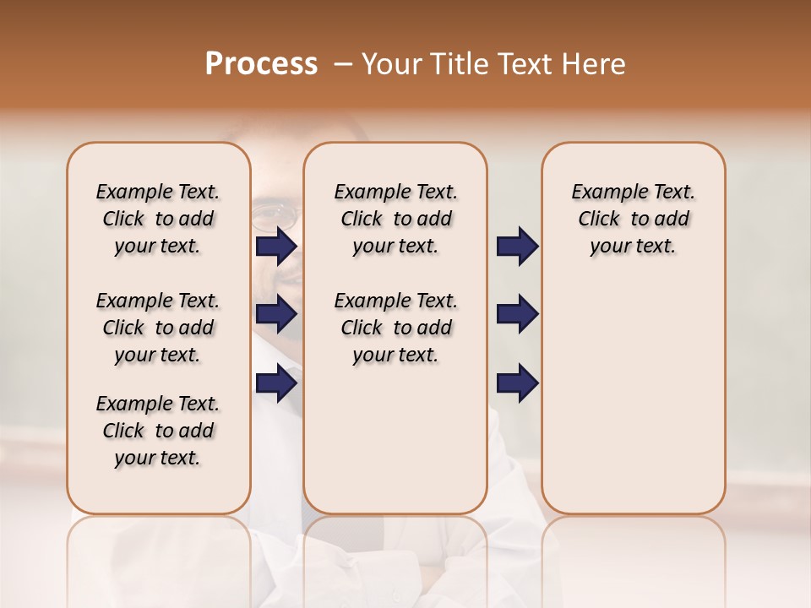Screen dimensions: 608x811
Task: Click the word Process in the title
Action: (x=261, y=64)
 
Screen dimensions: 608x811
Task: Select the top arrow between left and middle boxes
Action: (x=276, y=247)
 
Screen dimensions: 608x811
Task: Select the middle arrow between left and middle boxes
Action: (x=276, y=315)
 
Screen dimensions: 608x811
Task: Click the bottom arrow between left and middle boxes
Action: (x=276, y=384)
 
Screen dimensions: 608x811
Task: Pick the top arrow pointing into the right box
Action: (x=517, y=247)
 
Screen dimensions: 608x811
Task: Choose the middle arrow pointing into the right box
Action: (x=517, y=315)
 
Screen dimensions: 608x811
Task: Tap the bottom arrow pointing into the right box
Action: (x=517, y=384)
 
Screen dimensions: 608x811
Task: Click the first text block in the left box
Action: (x=158, y=219)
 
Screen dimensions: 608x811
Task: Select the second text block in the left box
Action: (x=158, y=328)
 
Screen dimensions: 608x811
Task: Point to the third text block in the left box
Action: (x=158, y=431)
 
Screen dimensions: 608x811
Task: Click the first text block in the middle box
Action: (x=395, y=219)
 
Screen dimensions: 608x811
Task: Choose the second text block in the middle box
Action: (x=395, y=328)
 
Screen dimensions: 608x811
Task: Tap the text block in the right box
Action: (x=633, y=219)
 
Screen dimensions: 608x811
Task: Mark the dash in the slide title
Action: (x=343, y=64)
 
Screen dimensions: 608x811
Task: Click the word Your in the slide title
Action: (x=389, y=64)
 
